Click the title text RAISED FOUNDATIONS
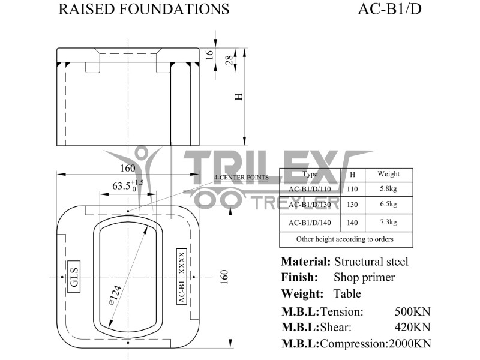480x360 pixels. coord(143,9)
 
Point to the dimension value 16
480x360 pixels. coord(209,54)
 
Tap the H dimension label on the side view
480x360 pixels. coord(238,98)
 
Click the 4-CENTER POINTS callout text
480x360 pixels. coord(241,178)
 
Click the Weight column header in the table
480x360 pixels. coord(388,174)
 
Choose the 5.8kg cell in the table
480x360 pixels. coord(388,189)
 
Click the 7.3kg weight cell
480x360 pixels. coord(388,223)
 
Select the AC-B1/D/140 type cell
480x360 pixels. coord(310,223)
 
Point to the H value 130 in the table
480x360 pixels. coord(352,205)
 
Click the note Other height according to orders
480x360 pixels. coord(345,239)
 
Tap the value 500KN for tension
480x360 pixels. coord(412,311)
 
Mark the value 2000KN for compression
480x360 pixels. coord(410,344)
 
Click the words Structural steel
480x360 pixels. coord(371,262)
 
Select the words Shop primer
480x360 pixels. coord(364,277)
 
